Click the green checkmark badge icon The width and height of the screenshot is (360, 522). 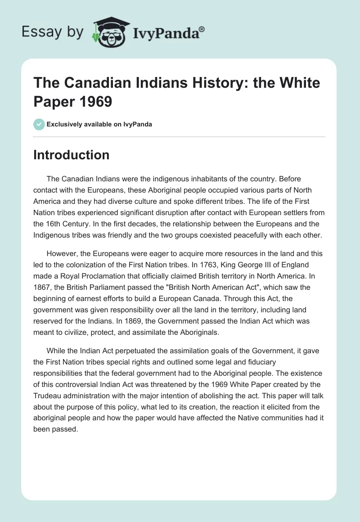click(39, 124)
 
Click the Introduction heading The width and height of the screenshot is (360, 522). click(72, 155)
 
